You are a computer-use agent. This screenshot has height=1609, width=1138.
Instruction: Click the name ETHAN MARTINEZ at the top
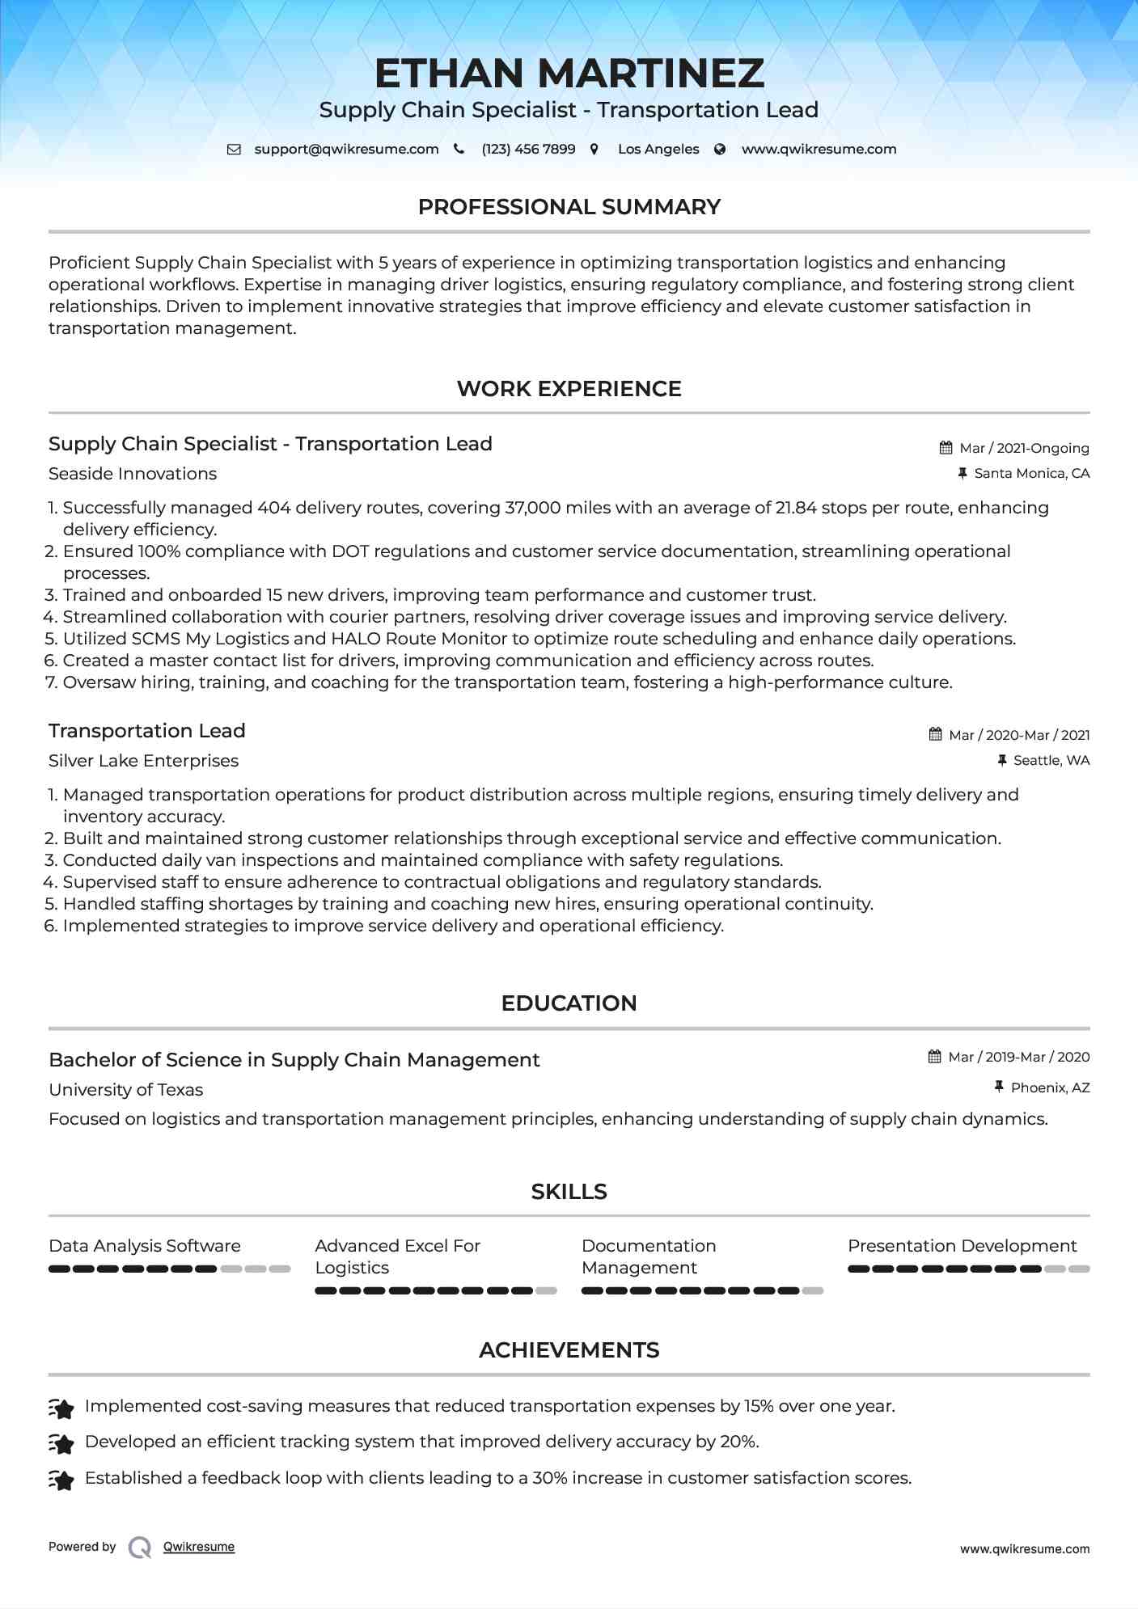click(x=569, y=74)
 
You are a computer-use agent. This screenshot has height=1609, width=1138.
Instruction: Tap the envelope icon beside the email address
click(x=234, y=150)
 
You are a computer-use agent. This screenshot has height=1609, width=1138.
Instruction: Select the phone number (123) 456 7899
click(x=528, y=150)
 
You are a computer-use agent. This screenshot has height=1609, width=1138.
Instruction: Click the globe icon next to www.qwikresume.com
click(x=720, y=150)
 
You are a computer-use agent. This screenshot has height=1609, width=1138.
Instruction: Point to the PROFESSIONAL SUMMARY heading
click(x=569, y=207)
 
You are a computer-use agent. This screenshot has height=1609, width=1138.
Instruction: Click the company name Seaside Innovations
click(x=133, y=474)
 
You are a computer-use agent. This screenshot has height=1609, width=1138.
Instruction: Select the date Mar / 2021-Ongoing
click(x=1024, y=448)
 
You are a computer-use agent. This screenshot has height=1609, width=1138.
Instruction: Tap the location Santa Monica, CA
click(x=1031, y=473)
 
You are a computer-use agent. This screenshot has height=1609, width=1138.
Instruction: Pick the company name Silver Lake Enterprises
click(x=143, y=761)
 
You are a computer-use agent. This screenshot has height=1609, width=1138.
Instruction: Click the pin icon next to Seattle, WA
click(x=1002, y=761)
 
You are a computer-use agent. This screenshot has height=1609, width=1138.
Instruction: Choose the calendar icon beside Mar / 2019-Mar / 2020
click(x=934, y=1057)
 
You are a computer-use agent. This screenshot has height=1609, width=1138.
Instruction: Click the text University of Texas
click(x=125, y=1090)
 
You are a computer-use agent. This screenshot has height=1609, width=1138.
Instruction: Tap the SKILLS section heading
click(x=569, y=1192)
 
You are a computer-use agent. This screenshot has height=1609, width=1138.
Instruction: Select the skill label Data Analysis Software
click(x=145, y=1246)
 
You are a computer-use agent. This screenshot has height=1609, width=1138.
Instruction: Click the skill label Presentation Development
click(x=962, y=1246)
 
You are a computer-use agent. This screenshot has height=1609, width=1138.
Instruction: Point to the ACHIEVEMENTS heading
click(x=569, y=1350)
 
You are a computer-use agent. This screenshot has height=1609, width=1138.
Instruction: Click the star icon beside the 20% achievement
click(x=61, y=1442)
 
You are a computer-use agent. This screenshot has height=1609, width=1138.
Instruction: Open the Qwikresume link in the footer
click(x=199, y=1547)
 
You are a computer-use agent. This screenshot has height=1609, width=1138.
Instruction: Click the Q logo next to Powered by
click(x=140, y=1548)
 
